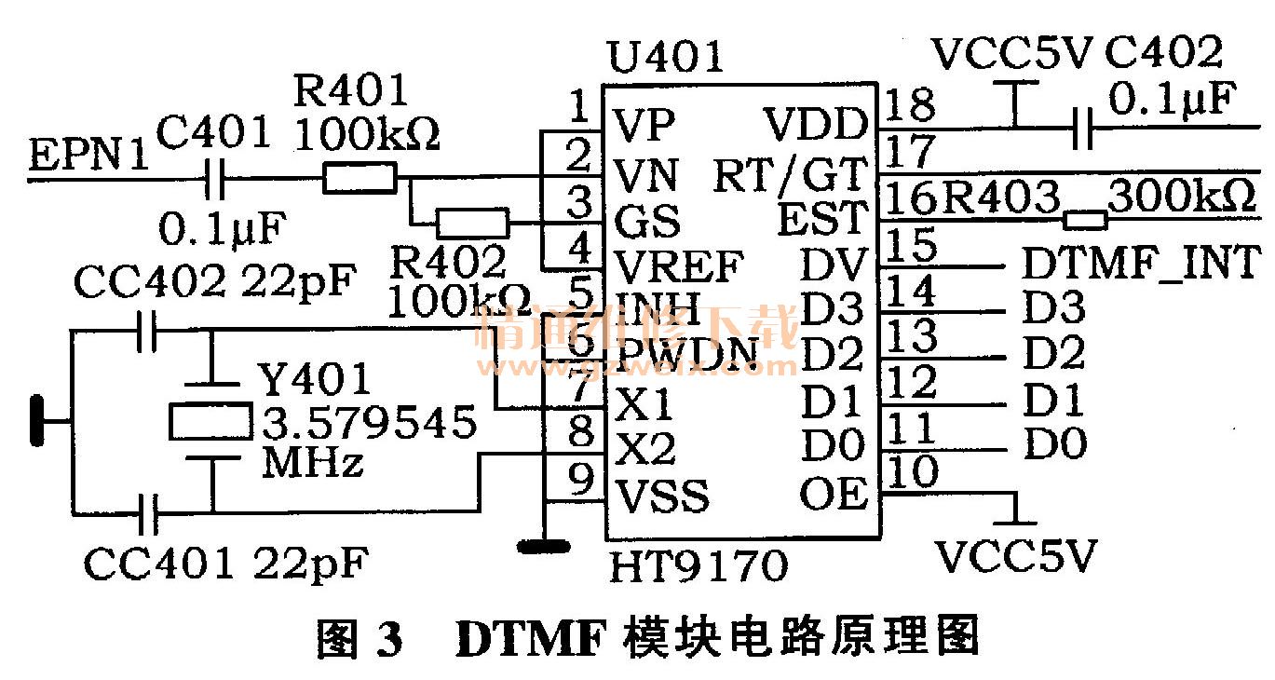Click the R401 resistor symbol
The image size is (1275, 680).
point(359,178)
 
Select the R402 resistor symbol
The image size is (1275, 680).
point(473,223)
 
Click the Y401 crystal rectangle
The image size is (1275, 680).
point(210,422)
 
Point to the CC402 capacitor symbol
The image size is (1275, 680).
point(146,333)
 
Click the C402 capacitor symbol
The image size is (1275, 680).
point(1082,127)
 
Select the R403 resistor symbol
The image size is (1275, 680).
point(1086,221)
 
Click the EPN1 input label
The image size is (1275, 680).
point(88,155)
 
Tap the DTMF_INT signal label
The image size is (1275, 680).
point(1141,263)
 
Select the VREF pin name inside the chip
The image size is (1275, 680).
point(678,267)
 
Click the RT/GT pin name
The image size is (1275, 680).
point(790,174)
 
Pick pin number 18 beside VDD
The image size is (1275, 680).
point(909,104)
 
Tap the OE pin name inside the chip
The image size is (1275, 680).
point(834,494)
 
